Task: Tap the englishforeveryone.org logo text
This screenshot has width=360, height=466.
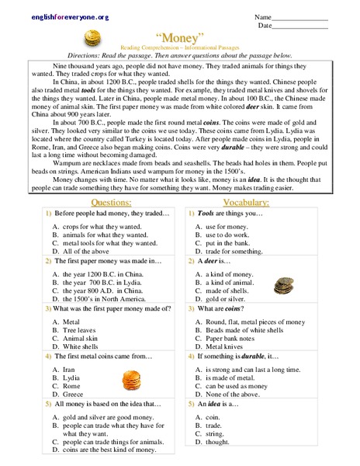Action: click(x=48, y=17)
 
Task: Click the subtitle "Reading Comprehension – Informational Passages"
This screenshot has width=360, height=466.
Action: click(x=179, y=48)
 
